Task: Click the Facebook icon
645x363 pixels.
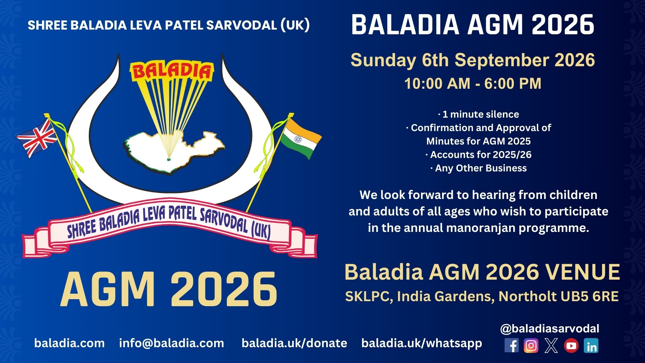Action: coord(511,346)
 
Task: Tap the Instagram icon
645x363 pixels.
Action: coord(531,346)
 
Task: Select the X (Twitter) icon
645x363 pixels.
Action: coord(551,346)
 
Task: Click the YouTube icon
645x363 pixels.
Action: coord(571,346)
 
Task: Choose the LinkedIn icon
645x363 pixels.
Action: coord(591,346)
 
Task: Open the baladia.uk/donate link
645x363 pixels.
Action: coord(294,343)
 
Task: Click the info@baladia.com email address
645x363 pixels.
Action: coord(172,343)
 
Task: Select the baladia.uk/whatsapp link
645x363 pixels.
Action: coord(422,344)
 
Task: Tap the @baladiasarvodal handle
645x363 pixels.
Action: coord(550,328)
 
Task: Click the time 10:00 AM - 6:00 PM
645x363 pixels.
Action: coord(473,84)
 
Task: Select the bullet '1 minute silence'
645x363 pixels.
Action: coord(479,114)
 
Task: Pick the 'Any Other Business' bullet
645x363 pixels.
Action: coord(479,168)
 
